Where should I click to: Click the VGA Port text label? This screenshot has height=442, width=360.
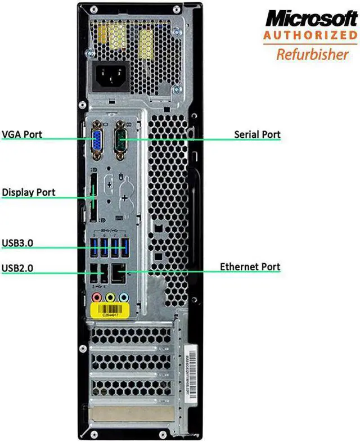coord(22,135)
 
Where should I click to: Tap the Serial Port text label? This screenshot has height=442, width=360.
coord(257,135)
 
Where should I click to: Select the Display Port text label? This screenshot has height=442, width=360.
coord(29,192)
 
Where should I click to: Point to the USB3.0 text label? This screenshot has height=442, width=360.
coord(18,243)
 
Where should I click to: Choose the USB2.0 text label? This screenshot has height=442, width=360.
coord(18,268)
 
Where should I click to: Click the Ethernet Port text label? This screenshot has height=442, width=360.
coord(250,267)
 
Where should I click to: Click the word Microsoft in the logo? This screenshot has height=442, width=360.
coord(312,18)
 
